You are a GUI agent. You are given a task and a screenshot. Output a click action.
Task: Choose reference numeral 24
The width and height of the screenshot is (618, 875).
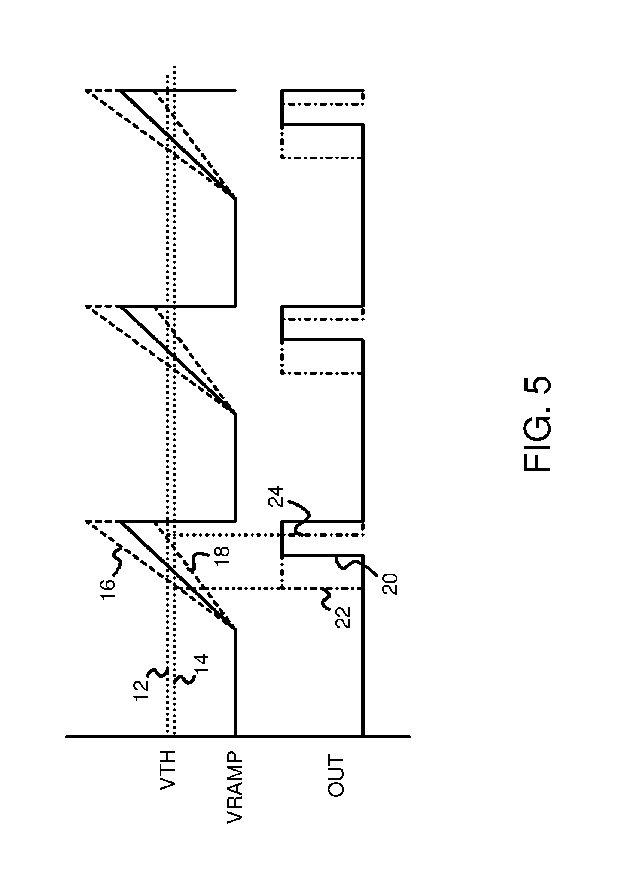(275, 496)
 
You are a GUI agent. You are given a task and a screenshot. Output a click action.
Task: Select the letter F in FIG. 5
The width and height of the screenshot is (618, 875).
(536, 461)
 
